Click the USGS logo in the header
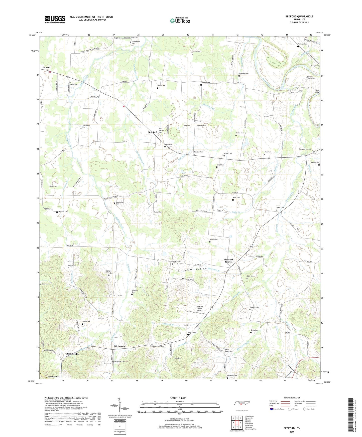tap(55, 19)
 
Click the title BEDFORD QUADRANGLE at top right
tap(299, 17)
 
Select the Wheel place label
tap(47, 68)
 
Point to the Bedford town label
tap(153, 132)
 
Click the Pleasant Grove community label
tap(228, 261)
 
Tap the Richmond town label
tap(120, 346)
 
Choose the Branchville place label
tap(72, 354)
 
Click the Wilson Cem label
tap(196, 51)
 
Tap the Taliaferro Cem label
tap(135, 291)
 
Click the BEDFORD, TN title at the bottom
tap(292, 428)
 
